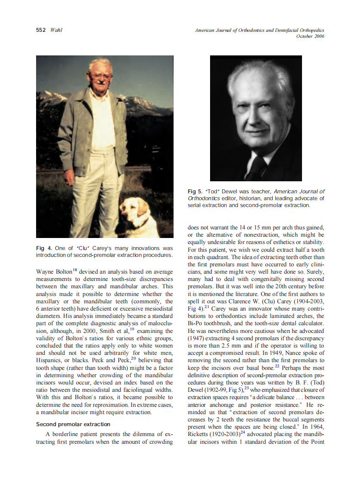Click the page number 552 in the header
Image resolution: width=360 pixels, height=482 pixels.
[41, 31]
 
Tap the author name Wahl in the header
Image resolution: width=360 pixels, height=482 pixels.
[57, 31]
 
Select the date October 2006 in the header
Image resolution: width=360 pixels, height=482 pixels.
[310, 37]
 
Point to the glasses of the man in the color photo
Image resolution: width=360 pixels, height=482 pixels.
[101, 76]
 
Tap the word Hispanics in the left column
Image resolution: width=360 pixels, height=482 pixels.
[50, 361]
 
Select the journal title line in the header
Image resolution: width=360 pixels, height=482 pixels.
[259, 31]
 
